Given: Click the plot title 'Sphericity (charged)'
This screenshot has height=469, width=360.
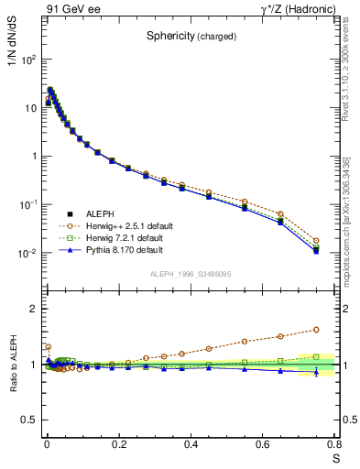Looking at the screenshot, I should tap(191, 37).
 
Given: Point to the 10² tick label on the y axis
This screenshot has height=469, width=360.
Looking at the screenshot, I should tap(28, 60).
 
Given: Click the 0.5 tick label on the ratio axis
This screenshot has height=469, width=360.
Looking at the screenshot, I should tap(28, 420).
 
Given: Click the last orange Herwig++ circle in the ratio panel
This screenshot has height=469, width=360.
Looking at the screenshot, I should tap(316, 330).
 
